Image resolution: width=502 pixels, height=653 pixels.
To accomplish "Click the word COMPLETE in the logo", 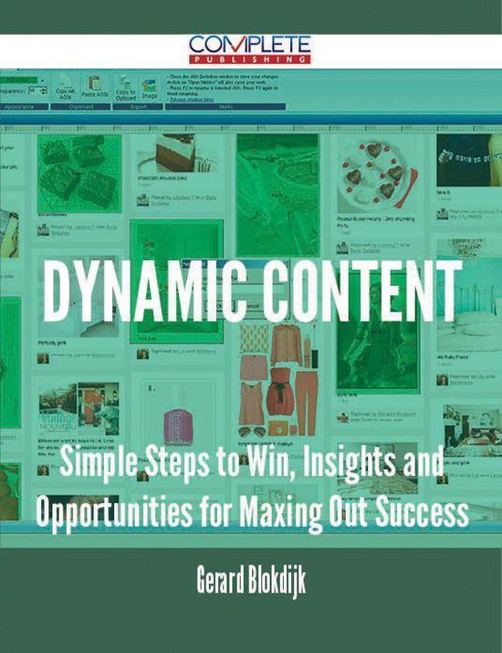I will pyautogui.click(x=250, y=44).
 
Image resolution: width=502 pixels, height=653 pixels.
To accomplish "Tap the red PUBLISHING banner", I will pyautogui.click(x=250, y=58).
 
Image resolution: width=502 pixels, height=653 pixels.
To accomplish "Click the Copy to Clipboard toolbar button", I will pyautogui.click(x=125, y=92).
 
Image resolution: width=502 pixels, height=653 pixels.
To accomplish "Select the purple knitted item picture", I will pyautogui.click(x=180, y=424).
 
